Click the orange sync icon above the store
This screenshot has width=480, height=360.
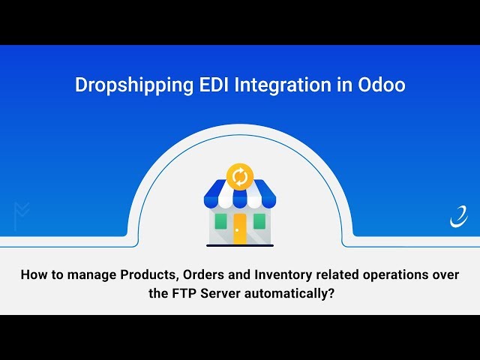pyautogui.click(x=240, y=176)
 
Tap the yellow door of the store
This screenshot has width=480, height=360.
pyautogui.click(x=240, y=228)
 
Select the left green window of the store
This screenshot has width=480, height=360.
pyautogui.click(x=220, y=221)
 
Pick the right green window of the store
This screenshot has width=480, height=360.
pyautogui.click(x=259, y=221)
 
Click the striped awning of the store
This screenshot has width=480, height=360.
pyautogui.click(x=240, y=196)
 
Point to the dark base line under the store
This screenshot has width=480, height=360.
pyautogui.click(x=240, y=244)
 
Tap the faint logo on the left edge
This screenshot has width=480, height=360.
pyautogui.click(x=20, y=215)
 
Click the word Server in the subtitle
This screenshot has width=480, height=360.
pyautogui.click(x=221, y=293)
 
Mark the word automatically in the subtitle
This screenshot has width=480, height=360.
pyautogui.click(x=288, y=293)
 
